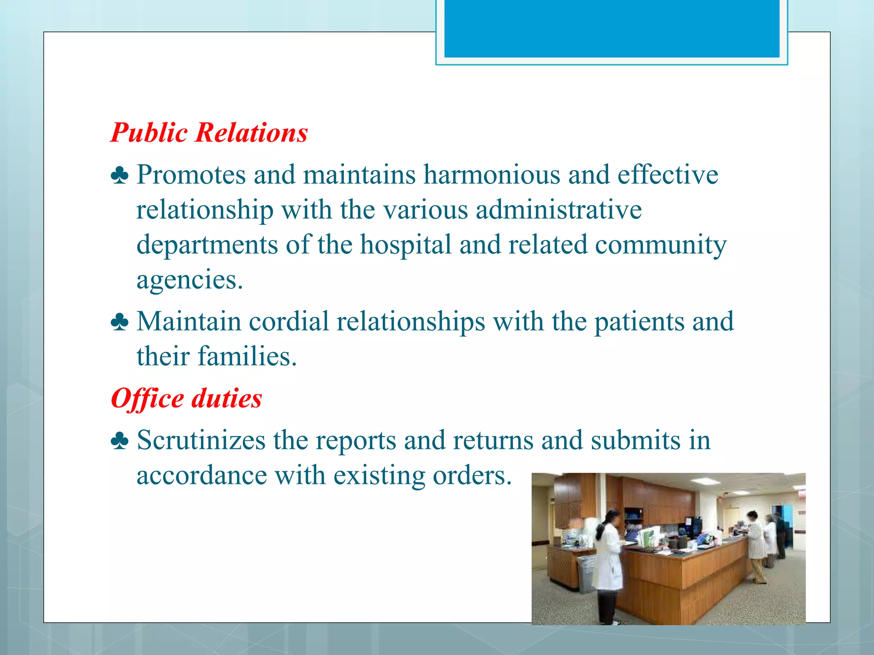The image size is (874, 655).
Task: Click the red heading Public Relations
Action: [209, 133]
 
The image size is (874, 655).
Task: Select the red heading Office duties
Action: [186, 399]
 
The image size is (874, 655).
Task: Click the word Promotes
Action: [191, 175]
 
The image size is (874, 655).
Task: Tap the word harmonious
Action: [492, 175]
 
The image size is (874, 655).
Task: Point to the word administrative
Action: [559, 210]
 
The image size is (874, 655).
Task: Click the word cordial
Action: [289, 322]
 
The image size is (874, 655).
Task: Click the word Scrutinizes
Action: [201, 441]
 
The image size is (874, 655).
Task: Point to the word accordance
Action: [201, 475]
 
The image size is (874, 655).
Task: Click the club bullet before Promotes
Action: [119, 176]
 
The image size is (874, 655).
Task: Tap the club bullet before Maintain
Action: [119, 322]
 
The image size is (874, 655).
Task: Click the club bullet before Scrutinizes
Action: [119, 441]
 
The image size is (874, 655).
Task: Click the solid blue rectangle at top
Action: [612, 28]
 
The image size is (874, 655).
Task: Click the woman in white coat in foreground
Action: [608, 563]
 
